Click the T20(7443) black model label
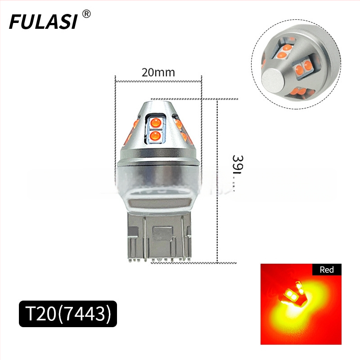coord(67,314)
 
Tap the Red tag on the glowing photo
coord(327,270)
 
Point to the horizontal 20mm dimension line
coord(158,81)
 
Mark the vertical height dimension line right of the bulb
coord(217,180)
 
